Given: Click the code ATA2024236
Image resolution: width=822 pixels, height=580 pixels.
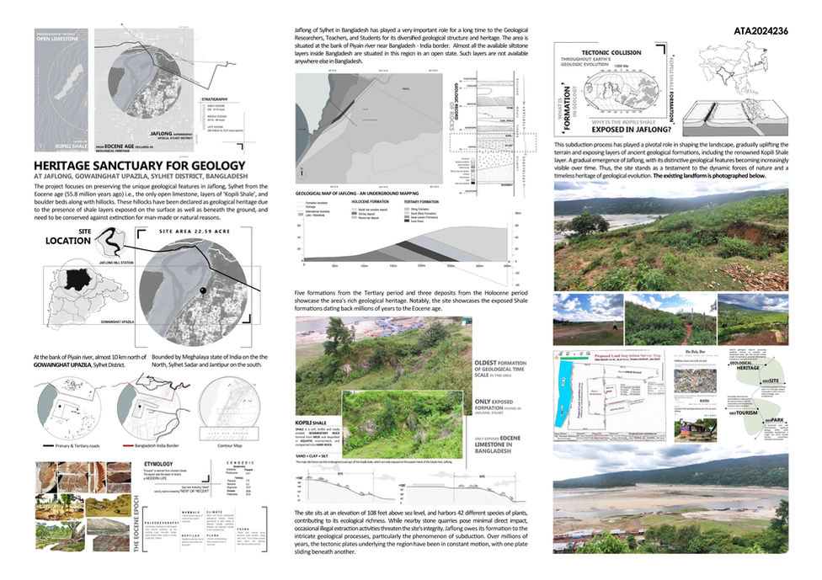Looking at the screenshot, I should point(761,31).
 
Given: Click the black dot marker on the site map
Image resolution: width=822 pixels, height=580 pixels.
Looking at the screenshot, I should point(202,291).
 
